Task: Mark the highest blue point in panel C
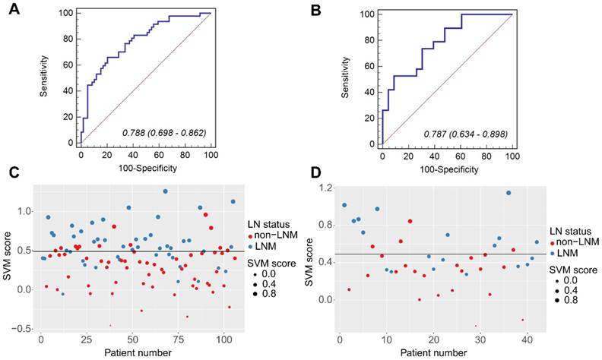click(x=165, y=191)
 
